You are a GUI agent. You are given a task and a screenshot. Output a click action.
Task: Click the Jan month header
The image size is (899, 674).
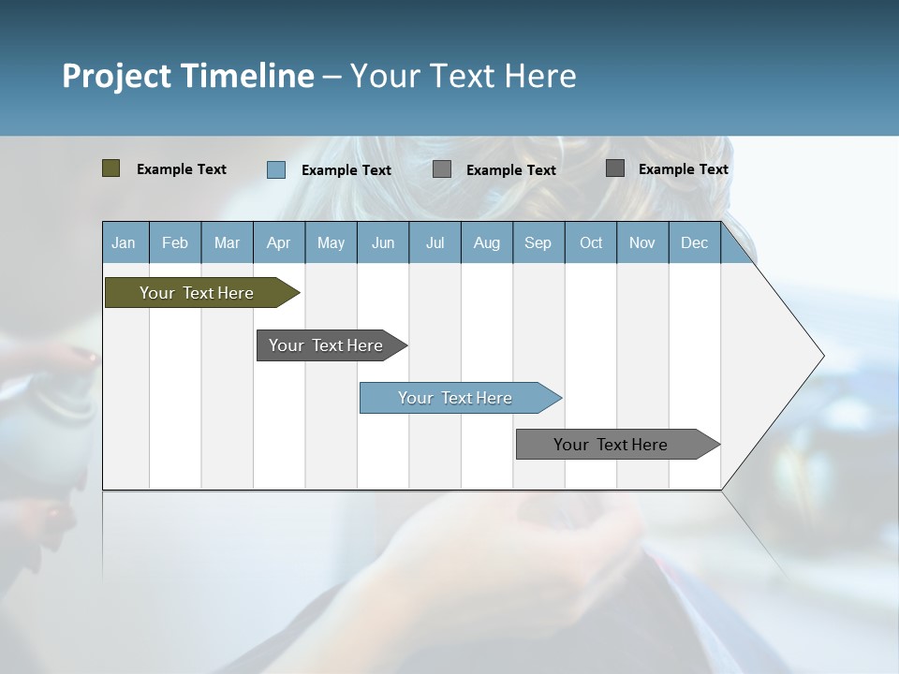pos(124,242)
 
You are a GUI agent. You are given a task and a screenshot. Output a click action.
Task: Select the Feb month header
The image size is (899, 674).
pos(175,242)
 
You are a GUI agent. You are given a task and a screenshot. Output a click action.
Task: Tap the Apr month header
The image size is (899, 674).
pos(278,242)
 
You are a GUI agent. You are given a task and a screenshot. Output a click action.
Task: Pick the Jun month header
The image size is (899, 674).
pos(383,242)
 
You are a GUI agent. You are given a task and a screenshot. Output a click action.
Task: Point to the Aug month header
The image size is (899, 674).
pos(486,242)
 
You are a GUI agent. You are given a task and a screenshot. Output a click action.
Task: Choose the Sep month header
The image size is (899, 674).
pos(538,242)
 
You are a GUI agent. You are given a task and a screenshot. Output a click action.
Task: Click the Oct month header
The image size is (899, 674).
pos(591,242)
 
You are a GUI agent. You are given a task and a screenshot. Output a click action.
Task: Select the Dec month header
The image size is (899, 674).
pos(694,242)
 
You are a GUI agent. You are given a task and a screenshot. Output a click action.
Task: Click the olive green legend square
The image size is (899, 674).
pos(111,168)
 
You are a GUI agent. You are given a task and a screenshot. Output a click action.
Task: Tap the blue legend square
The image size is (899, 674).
pos(275,169)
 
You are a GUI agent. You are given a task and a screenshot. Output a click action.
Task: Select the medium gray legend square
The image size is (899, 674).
pos(442,169)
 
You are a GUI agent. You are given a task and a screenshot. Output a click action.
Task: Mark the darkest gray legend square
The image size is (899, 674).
pos(614,168)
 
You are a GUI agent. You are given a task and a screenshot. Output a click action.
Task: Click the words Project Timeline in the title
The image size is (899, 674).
pos(187,76)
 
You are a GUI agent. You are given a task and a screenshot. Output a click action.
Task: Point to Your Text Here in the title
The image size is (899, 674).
pos(464,76)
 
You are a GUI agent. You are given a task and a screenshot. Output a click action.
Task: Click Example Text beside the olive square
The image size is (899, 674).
pos(182,169)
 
